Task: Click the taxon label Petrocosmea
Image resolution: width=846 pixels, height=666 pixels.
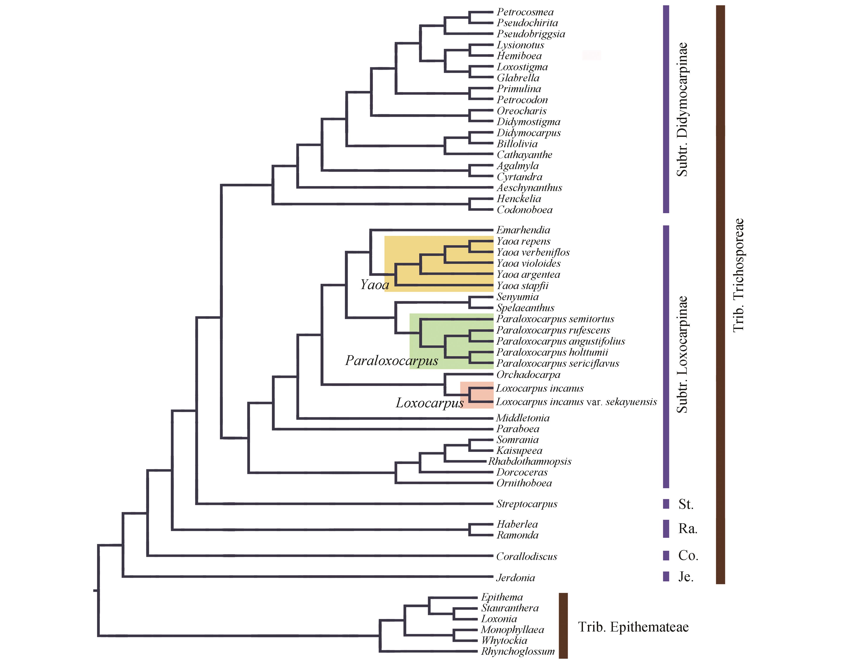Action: point(525,12)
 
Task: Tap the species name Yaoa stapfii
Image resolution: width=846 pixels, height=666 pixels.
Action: point(522,286)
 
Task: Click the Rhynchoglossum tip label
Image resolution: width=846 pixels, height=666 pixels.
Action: point(517,651)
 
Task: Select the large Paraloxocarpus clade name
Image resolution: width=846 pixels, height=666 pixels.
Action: point(391,361)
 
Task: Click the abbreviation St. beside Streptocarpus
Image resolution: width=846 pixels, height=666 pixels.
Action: point(686,504)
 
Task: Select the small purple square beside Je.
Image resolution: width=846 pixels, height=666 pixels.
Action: point(666,576)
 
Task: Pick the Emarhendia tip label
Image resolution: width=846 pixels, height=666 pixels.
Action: point(523,230)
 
